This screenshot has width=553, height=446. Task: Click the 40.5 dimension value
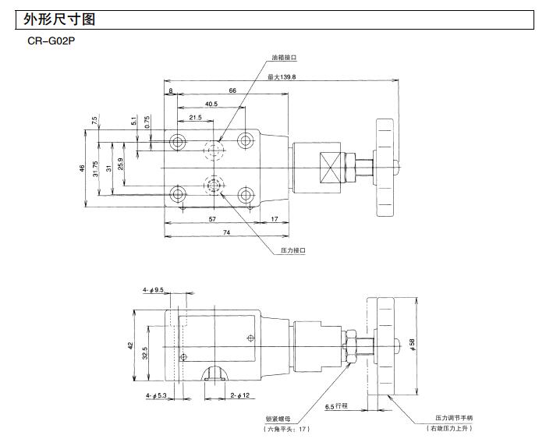tap(211, 104)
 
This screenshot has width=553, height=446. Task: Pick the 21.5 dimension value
tap(194, 118)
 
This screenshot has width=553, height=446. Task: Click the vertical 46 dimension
tap(83, 168)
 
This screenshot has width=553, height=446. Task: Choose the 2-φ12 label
tap(239, 395)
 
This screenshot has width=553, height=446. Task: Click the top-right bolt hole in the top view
tap(246, 140)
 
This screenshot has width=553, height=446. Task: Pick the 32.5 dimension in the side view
tap(145, 352)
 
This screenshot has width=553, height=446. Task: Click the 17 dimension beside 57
tap(275, 219)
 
